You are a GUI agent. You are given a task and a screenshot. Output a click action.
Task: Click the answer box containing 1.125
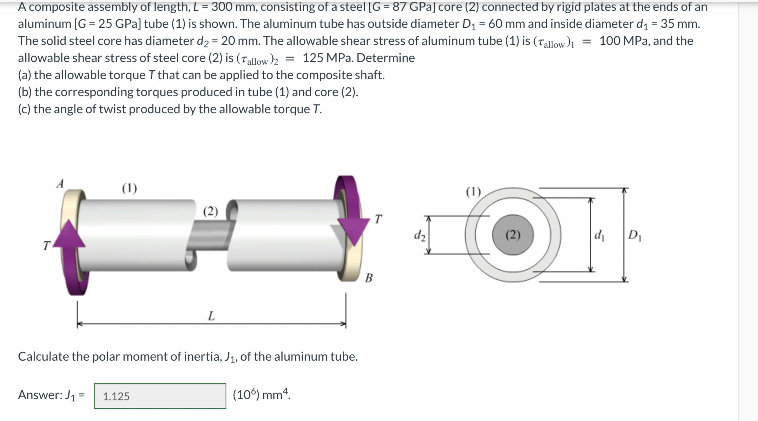pyautogui.click(x=160, y=396)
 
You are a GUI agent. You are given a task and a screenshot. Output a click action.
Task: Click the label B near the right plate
pyautogui.click(x=369, y=277)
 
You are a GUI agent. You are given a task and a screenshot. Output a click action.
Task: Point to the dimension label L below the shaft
pyautogui.click(x=211, y=316)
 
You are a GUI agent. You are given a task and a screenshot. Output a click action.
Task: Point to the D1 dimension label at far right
pyautogui.click(x=635, y=235)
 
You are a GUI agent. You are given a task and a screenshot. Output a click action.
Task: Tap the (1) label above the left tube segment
pyautogui.click(x=129, y=188)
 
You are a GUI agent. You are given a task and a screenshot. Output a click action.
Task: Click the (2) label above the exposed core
pyautogui.click(x=211, y=211)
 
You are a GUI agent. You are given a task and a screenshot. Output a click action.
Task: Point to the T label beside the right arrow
pyautogui.click(x=378, y=219)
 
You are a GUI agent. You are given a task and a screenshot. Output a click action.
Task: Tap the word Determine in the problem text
pyautogui.click(x=386, y=58)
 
